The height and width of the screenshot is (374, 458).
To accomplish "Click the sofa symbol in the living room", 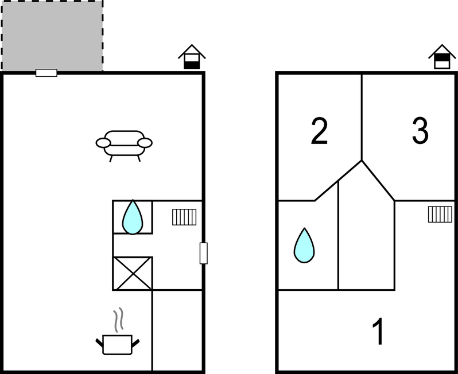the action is point(124,146).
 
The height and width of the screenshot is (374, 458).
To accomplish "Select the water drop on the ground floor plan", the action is point(133,217).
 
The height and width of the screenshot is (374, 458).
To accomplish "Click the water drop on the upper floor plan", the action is point(304,246).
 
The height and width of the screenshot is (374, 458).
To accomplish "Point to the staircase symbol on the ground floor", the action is point(184,217).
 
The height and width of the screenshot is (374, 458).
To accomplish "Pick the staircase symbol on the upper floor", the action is point(440,215).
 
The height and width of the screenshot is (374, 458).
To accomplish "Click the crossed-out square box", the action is point(133,274).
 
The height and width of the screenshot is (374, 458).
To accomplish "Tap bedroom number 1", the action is point(378,332).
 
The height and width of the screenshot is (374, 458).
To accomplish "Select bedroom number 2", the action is point(319,131).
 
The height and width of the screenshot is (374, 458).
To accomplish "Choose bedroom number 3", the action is point(420,131).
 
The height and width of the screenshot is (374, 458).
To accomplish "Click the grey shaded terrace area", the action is point(52,36).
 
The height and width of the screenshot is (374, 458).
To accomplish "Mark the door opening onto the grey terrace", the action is point(46,73).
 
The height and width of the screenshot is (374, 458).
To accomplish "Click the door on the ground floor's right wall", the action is point(204,253).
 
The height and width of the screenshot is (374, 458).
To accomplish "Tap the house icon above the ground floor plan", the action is point(192,57).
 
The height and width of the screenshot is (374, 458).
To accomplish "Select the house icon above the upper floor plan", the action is point(442,57).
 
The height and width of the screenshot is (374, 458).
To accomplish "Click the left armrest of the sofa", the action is point(103,143).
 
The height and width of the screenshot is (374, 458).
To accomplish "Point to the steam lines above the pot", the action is point(118,320).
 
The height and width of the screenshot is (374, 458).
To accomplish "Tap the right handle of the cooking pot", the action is point(135,343).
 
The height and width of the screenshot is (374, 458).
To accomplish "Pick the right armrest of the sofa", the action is point(145,143).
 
